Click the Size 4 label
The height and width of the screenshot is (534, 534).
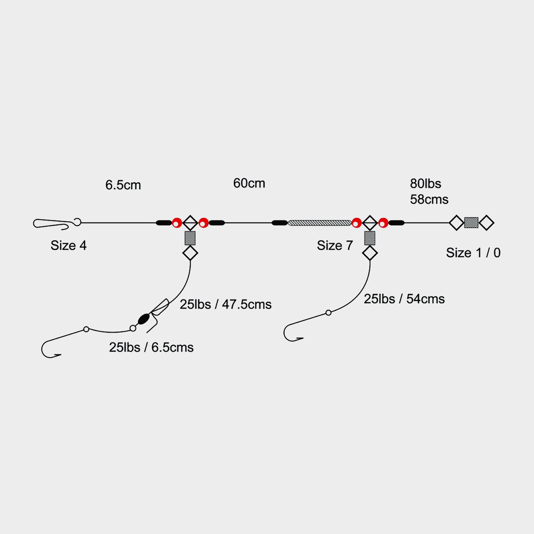coord(68,246)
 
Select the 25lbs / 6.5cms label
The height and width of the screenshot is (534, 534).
coord(151,347)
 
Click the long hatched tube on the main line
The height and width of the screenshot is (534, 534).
coord(320,223)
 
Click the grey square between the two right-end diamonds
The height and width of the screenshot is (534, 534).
coord(471,223)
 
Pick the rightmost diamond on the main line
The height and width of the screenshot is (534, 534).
coord(487,223)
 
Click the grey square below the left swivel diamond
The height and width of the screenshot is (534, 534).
coord(190,238)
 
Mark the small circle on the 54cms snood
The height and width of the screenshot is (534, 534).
coord(328,313)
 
